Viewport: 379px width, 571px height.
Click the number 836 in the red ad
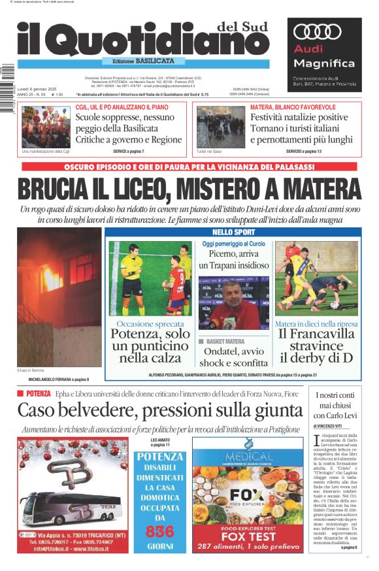point(160,531)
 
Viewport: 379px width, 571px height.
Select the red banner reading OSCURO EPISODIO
point(189,167)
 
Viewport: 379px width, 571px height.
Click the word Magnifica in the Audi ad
point(324,63)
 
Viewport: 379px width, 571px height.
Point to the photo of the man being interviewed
point(234,302)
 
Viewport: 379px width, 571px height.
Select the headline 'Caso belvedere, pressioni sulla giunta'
point(159,411)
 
